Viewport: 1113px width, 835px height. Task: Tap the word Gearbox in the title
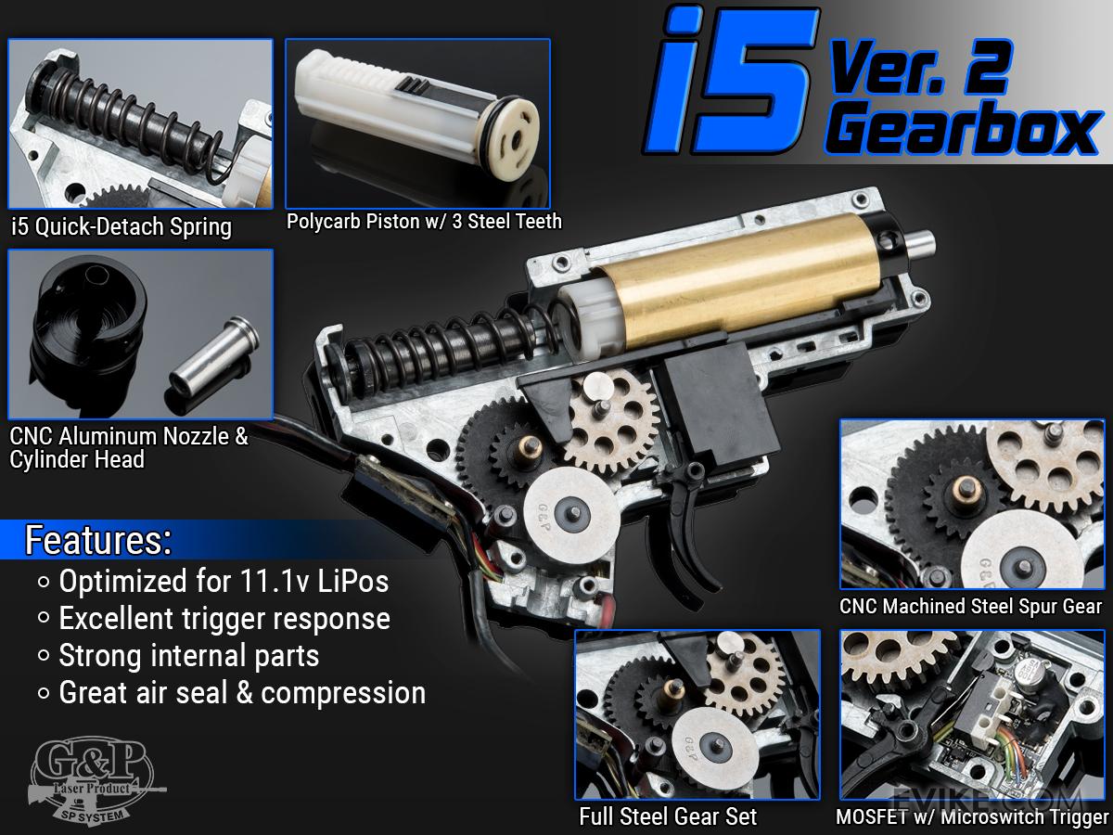[x=963, y=129]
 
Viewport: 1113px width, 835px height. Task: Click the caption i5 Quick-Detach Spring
[x=122, y=226]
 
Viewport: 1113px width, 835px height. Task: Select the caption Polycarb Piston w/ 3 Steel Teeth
[x=424, y=221]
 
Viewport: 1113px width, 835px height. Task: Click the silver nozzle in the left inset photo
[x=213, y=364]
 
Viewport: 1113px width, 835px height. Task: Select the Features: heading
[x=98, y=541]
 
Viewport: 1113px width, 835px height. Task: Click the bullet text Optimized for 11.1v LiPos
[x=224, y=581]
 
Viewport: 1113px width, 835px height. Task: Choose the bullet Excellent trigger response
[x=224, y=619]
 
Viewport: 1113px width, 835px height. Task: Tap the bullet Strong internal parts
[x=188, y=656]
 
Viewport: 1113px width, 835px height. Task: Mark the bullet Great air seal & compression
[x=242, y=693]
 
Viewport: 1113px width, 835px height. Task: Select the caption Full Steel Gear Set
[x=668, y=816]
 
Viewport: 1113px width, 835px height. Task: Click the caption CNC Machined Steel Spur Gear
[x=970, y=607]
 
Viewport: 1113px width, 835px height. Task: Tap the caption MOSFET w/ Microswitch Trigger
[x=972, y=817]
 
